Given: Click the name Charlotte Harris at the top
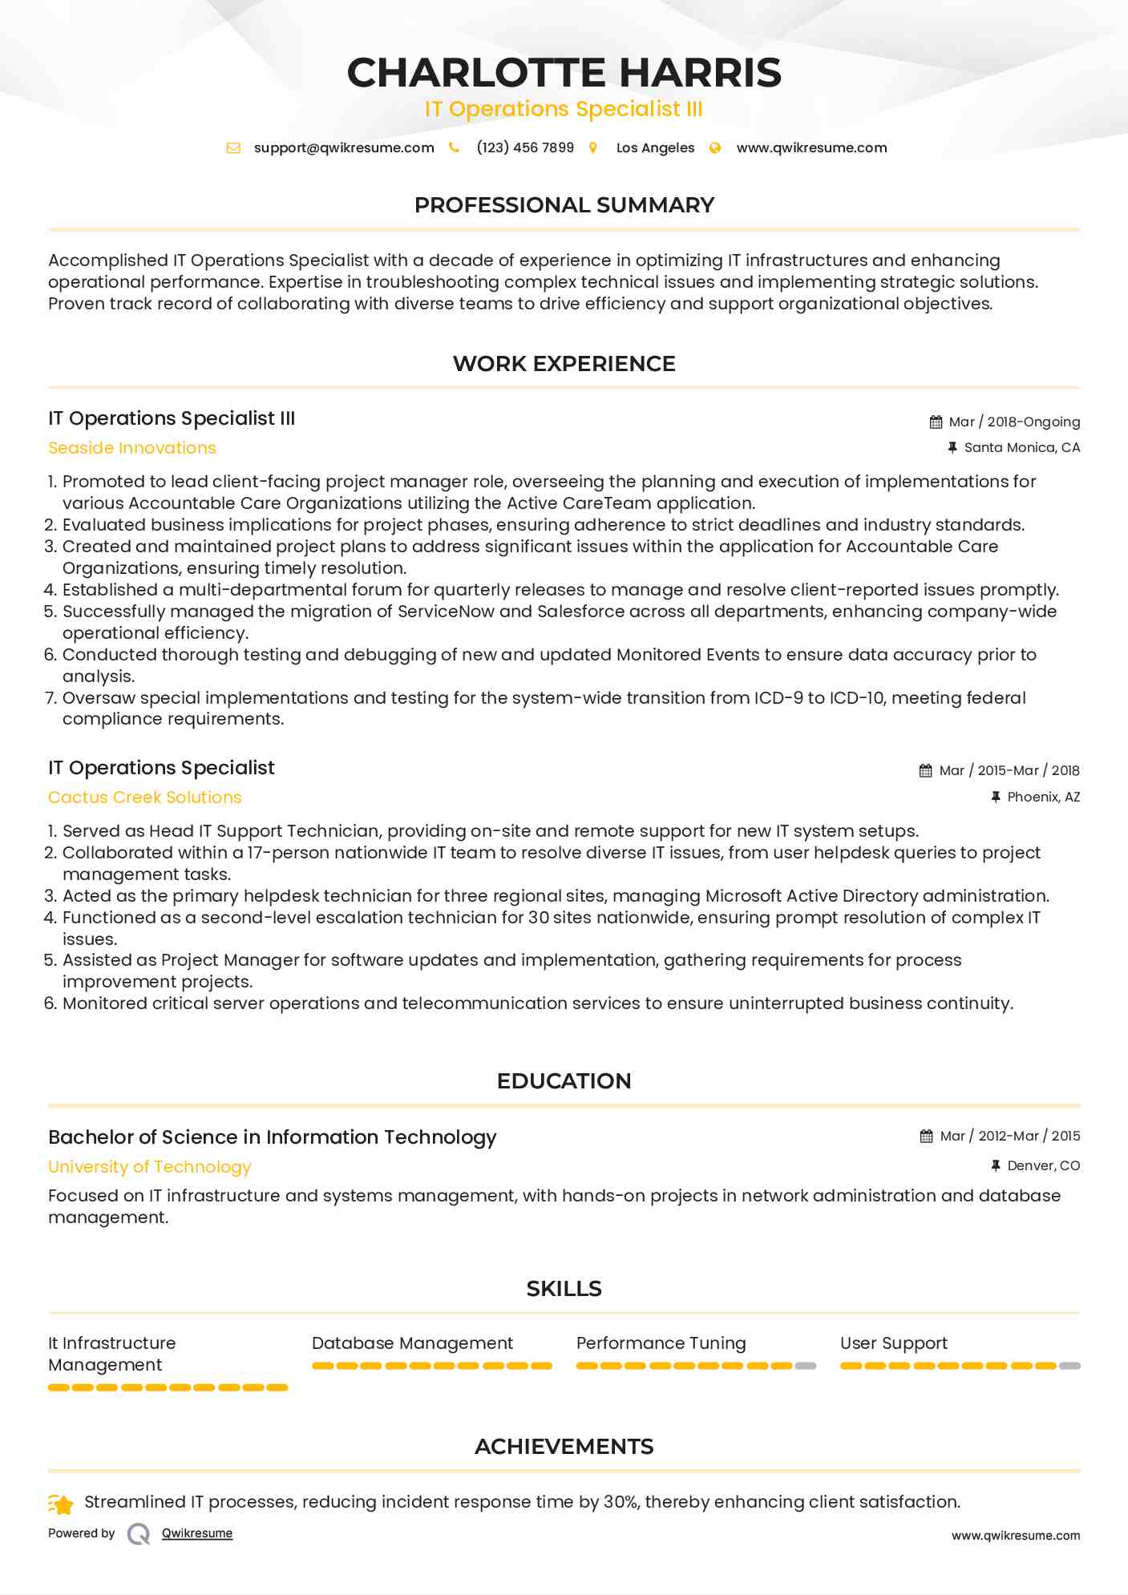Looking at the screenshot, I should click(564, 72).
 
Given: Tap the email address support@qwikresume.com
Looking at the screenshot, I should click(344, 147).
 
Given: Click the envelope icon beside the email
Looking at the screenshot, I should click(233, 147).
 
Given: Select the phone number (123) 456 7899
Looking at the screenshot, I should click(525, 147).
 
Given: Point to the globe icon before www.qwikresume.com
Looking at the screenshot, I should click(715, 147).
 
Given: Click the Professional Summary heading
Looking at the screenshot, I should click(564, 205).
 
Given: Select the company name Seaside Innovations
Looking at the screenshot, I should click(132, 448).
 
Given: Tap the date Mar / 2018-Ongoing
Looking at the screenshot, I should click(1014, 422).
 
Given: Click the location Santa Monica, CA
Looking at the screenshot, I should click(1021, 447).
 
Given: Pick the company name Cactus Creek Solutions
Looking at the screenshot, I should click(144, 797).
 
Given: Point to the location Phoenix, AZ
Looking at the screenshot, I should click(1043, 797).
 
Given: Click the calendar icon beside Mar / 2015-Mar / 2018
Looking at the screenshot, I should click(925, 771).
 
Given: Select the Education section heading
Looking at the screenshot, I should click(564, 1081).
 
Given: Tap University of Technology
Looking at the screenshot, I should click(149, 1167).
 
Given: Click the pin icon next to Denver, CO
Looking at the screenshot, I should click(996, 1165).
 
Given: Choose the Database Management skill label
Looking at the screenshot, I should click(412, 1343).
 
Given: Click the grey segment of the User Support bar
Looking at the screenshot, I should click(1069, 1366).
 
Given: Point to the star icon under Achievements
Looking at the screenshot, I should click(62, 1504).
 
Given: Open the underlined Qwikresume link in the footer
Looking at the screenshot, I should click(197, 1533).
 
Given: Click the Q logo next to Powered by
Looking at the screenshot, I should click(139, 1534).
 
